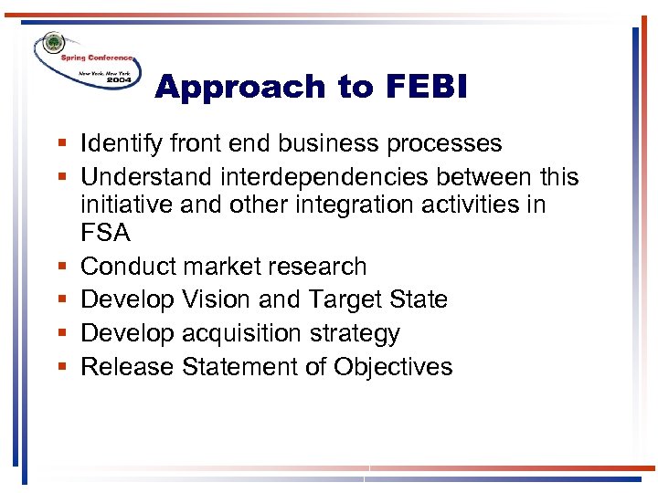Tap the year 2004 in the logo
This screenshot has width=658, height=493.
coord(118,80)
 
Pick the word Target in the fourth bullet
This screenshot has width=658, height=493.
coord(343,299)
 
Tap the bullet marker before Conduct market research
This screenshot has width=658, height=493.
coord(60,267)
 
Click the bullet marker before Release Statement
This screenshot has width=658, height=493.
coord(60,368)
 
